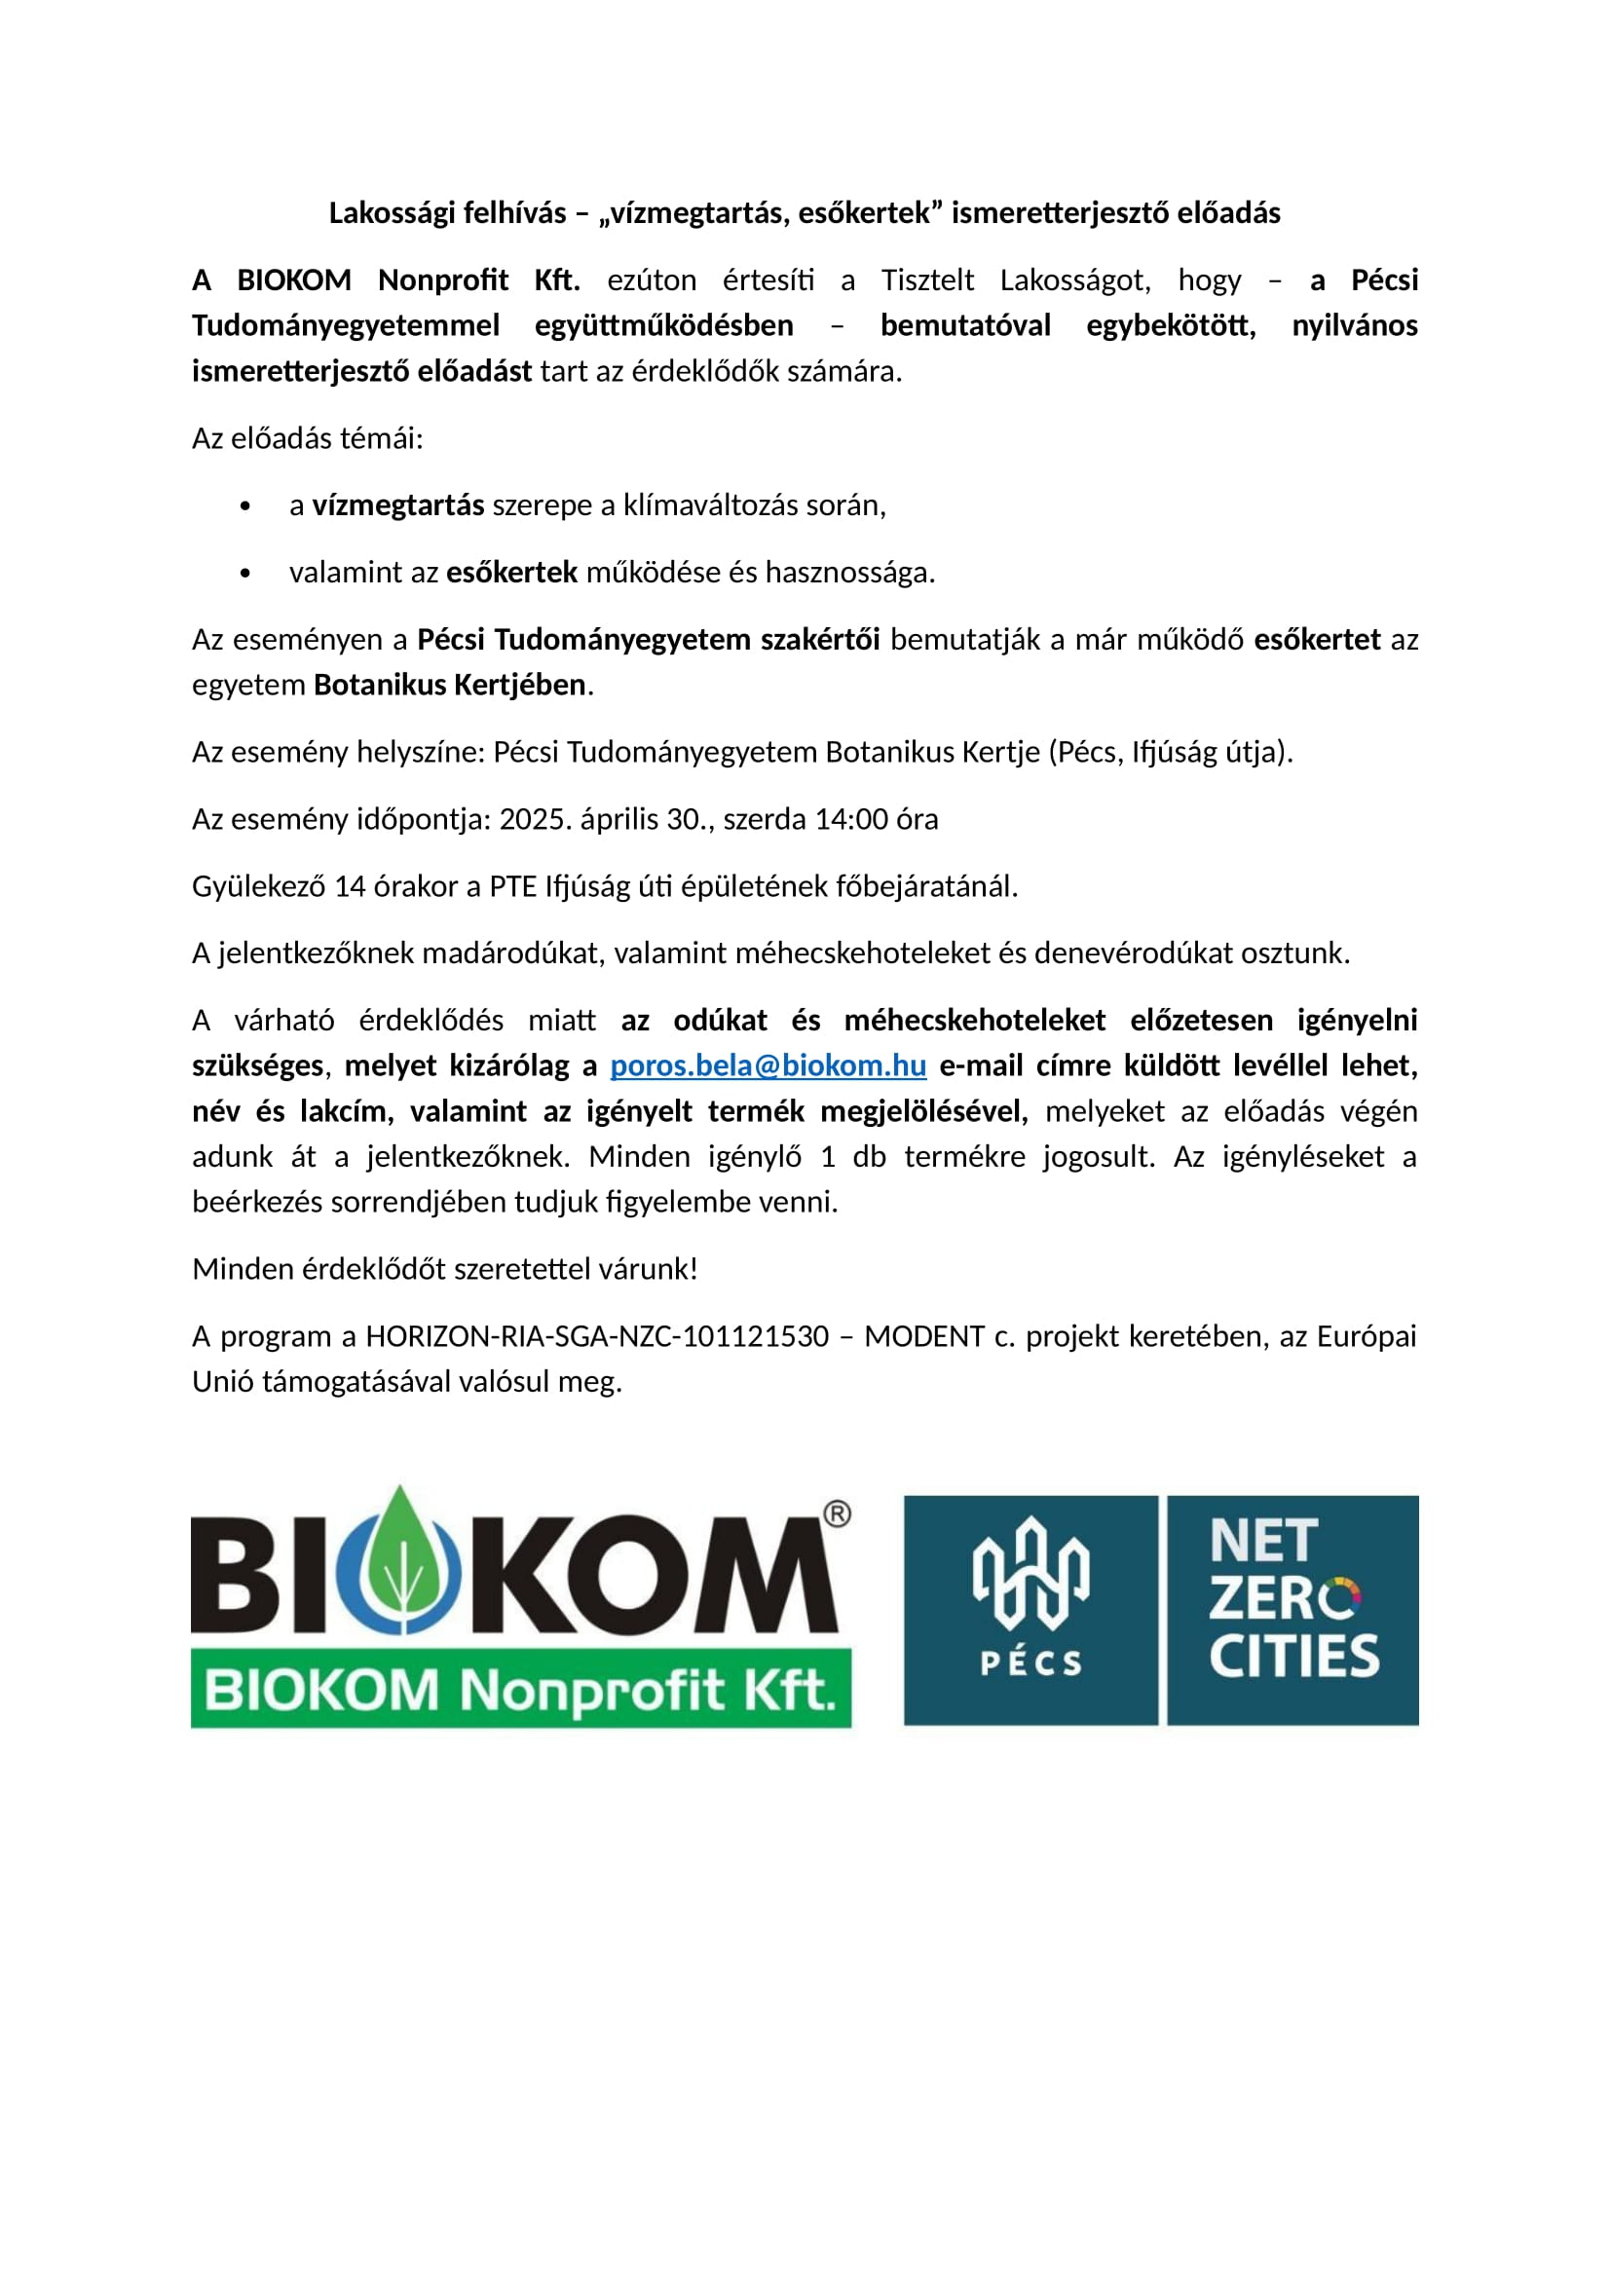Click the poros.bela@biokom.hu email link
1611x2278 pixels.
pyautogui.click(x=768, y=1065)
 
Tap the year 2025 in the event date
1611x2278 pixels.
pyautogui.click(x=531, y=819)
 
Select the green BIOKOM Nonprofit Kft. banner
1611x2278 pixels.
pyautogui.click(x=521, y=1690)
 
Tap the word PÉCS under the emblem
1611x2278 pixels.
pyautogui.click(x=1030, y=1663)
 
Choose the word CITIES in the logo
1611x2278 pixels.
pyautogui.click(x=1293, y=1656)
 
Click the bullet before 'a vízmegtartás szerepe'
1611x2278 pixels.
pyautogui.click(x=245, y=507)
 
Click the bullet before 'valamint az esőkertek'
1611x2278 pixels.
pyautogui.click(x=245, y=574)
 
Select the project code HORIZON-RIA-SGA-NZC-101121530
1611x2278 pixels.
pyautogui.click(x=596, y=1337)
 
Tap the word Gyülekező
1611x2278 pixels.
pyautogui.click(x=258, y=887)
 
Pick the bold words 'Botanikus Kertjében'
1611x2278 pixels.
pyautogui.click(x=449, y=686)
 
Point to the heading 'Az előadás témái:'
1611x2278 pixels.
pyautogui.click(x=308, y=438)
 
